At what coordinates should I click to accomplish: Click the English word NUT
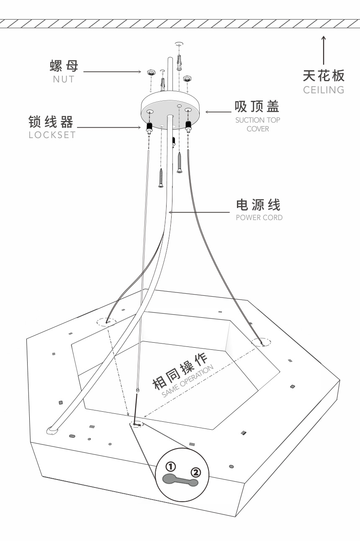point(64,79)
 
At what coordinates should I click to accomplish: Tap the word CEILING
point(324,90)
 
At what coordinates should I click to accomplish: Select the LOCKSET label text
point(52,135)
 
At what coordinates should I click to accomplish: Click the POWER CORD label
point(259,218)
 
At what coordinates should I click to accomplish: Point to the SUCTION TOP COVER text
point(257,124)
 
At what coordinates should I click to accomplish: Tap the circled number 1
point(171,466)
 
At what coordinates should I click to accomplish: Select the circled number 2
point(195,472)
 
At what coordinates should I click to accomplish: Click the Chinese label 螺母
point(64,66)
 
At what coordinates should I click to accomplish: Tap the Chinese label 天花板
point(324,76)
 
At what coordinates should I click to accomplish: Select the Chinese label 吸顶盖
point(257,107)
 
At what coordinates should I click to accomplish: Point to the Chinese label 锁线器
point(51,122)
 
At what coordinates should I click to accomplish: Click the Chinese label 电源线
point(258,205)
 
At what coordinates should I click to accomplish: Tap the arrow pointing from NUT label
point(112,72)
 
